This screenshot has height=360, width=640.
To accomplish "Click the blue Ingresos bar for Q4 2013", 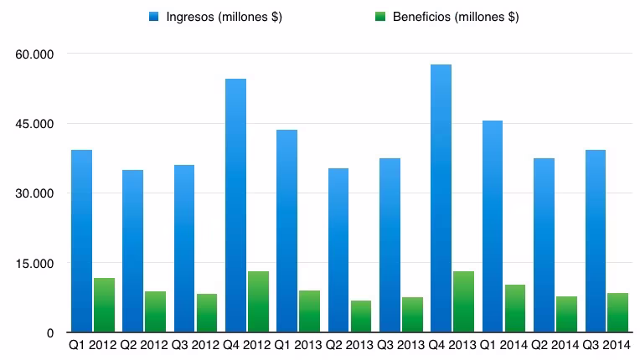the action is pyautogui.click(x=441, y=198).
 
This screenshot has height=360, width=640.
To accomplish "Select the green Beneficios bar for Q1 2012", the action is pyautogui.click(x=104, y=305).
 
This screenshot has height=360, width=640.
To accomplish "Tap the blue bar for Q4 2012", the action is pyautogui.click(x=235, y=205).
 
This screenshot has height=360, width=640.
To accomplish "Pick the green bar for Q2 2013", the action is pyautogui.click(x=361, y=316).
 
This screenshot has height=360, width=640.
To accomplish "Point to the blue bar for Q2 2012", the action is pyautogui.click(x=132, y=251).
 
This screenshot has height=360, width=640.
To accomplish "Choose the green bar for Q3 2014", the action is pyautogui.click(x=617, y=313).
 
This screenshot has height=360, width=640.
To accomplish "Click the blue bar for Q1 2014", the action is pyautogui.click(x=493, y=226).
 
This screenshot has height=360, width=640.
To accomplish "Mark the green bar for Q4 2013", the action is pyautogui.click(x=463, y=301).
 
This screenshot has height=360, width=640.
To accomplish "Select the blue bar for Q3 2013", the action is pyautogui.click(x=390, y=245).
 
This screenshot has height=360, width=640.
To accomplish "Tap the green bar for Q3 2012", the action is pyautogui.click(x=207, y=313).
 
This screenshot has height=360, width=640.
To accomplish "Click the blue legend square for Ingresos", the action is pyautogui.click(x=154, y=17).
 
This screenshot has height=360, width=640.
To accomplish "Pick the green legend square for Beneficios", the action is pyautogui.click(x=380, y=17).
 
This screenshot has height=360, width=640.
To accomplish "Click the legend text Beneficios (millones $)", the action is pyautogui.click(x=456, y=17).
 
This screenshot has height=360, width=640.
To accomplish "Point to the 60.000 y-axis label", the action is pyautogui.click(x=34, y=54).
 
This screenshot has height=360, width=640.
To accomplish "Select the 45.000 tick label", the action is pyautogui.click(x=34, y=124).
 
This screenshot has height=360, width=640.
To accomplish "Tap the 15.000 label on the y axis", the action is pyautogui.click(x=34, y=264).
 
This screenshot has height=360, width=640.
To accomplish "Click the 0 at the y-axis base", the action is pyautogui.click(x=50, y=333).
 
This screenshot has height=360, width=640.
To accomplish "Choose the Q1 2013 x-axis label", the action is pyautogui.click(x=298, y=345).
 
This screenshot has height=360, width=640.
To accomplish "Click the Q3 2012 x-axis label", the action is pyautogui.click(x=195, y=345).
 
